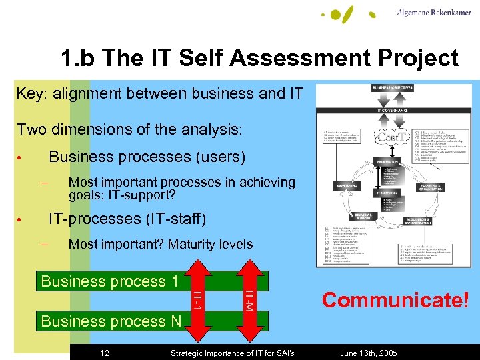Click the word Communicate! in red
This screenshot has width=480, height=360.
point(396,299)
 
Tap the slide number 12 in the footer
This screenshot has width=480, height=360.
point(105,352)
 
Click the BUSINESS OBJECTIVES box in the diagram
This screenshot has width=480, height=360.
point(391,88)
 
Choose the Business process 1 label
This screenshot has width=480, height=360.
point(110,281)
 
